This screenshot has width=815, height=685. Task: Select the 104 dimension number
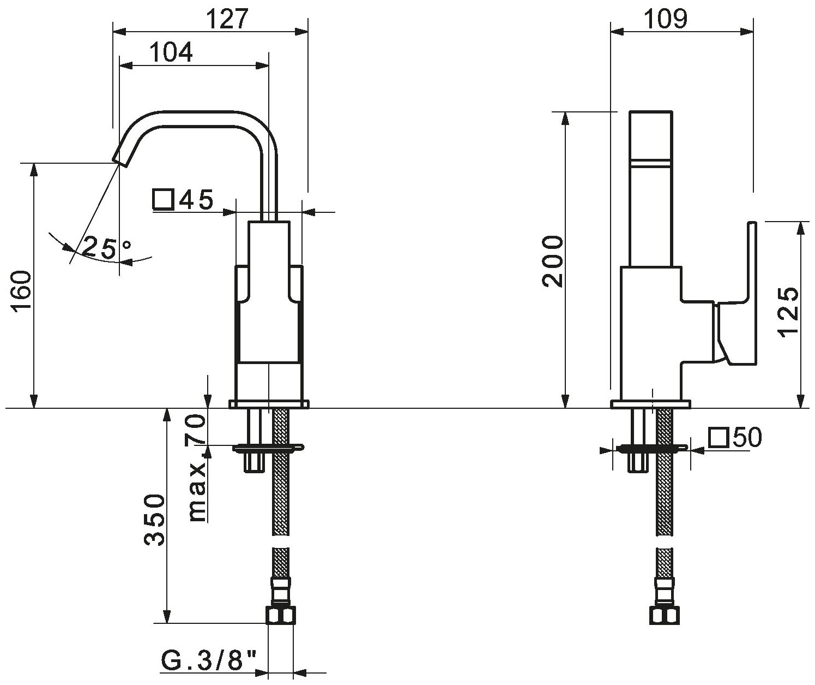[x=171, y=53]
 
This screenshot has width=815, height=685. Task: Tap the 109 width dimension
[x=666, y=19]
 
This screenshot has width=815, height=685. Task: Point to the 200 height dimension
[x=552, y=261]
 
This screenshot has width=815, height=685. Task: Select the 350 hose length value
[x=154, y=519]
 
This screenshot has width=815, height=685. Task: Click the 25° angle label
[x=107, y=248]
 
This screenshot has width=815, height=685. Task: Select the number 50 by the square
[x=746, y=437]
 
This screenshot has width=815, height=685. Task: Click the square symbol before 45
[x=163, y=200]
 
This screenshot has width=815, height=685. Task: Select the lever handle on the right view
[x=739, y=306]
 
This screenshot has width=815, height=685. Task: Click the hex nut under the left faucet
[x=281, y=615]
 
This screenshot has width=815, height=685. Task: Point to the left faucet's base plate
[x=269, y=404]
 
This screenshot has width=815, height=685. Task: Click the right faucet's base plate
[x=650, y=404]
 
